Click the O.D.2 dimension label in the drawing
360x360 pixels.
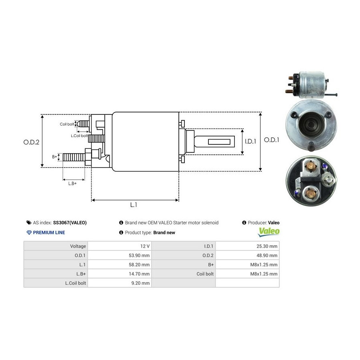31,142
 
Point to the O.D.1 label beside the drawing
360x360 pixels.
272,140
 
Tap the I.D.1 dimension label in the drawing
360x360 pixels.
250,142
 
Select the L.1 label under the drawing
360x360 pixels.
134,205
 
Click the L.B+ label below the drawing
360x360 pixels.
72,184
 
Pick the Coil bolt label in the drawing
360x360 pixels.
67,124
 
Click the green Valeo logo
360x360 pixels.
269,232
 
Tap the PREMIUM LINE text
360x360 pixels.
49,232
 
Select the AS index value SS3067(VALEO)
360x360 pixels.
70,223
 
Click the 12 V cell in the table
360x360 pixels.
145,246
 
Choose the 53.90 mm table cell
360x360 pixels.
139,255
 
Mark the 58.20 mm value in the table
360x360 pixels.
139,264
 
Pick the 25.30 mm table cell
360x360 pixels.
267,246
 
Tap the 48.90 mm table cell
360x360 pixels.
267,255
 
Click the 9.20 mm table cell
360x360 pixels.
140,283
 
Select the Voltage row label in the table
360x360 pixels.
78,246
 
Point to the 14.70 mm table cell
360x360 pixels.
139,274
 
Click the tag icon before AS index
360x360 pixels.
29,223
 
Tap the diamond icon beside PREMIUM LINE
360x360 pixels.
29,232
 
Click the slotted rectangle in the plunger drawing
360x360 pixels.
219,142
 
